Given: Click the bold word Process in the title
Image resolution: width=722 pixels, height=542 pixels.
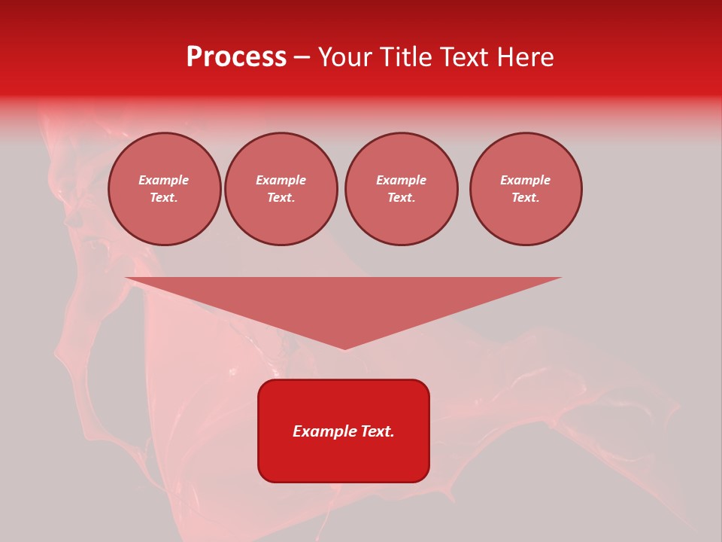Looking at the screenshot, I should pyautogui.click(x=236, y=57).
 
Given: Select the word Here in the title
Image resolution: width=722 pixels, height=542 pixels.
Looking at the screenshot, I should pyautogui.click(x=524, y=57).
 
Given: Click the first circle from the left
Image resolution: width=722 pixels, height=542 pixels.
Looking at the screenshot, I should pyautogui.click(x=165, y=189).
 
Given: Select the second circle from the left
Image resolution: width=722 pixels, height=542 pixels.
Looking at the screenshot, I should pyautogui.click(x=281, y=189).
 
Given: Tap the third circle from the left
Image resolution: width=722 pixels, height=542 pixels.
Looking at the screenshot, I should pyautogui.click(x=402, y=189).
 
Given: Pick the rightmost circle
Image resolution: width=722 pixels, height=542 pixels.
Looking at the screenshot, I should pyautogui.click(x=526, y=189).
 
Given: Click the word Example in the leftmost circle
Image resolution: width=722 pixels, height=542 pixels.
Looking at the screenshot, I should pyautogui.click(x=164, y=181).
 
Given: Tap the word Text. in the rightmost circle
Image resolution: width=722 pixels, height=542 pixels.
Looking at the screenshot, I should pyautogui.click(x=526, y=198).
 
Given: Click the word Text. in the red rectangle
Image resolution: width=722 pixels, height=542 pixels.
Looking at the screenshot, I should pyautogui.click(x=377, y=431).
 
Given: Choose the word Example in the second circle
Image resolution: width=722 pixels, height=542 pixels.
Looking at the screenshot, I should pyautogui.click(x=281, y=181).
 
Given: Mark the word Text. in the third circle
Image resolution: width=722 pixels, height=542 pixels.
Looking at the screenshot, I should pyautogui.click(x=402, y=198).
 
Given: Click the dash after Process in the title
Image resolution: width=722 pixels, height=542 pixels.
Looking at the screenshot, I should pyautogui.click(x=302, y=57).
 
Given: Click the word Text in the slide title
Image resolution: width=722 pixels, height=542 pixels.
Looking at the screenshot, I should pyautogui.click(x=464, y=57).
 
